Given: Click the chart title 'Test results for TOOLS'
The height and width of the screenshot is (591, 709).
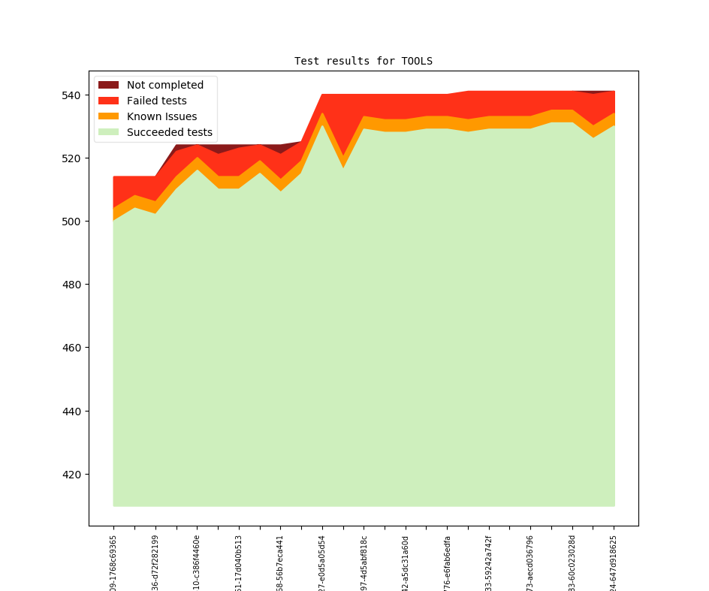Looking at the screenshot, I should (363, 61).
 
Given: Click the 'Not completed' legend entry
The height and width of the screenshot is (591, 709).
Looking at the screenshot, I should (165, 85).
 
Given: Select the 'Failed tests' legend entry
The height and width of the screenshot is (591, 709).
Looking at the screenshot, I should (156, 101).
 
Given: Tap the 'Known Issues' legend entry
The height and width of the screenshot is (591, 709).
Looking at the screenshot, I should (161, 116).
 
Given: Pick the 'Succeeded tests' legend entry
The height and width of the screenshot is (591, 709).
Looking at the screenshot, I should (169, 132).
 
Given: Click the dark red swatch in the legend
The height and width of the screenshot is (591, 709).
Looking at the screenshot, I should (109, 85).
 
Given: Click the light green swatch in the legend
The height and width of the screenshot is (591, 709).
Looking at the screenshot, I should (109, 132).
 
